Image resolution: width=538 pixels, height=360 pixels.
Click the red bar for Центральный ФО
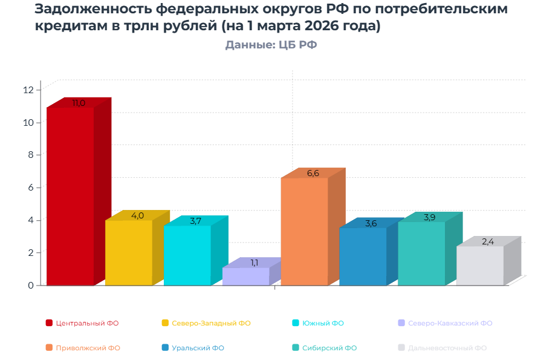(x=70, y=196)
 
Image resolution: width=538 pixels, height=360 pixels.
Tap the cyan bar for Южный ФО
(x=187, y=255)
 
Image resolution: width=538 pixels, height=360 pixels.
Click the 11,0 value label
(x=79, y=103)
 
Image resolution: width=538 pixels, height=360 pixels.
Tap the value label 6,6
(x=313, y=174)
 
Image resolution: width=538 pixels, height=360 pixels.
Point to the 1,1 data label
(x=254, y=263)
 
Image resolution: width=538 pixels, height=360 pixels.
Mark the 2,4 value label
(x=488, y=242)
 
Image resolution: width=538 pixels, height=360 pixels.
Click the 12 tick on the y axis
(x=28, y=90)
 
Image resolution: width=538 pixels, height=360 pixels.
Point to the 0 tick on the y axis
(x=30, y=285)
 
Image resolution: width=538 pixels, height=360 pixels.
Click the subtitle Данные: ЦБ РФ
(x=271, y=45)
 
